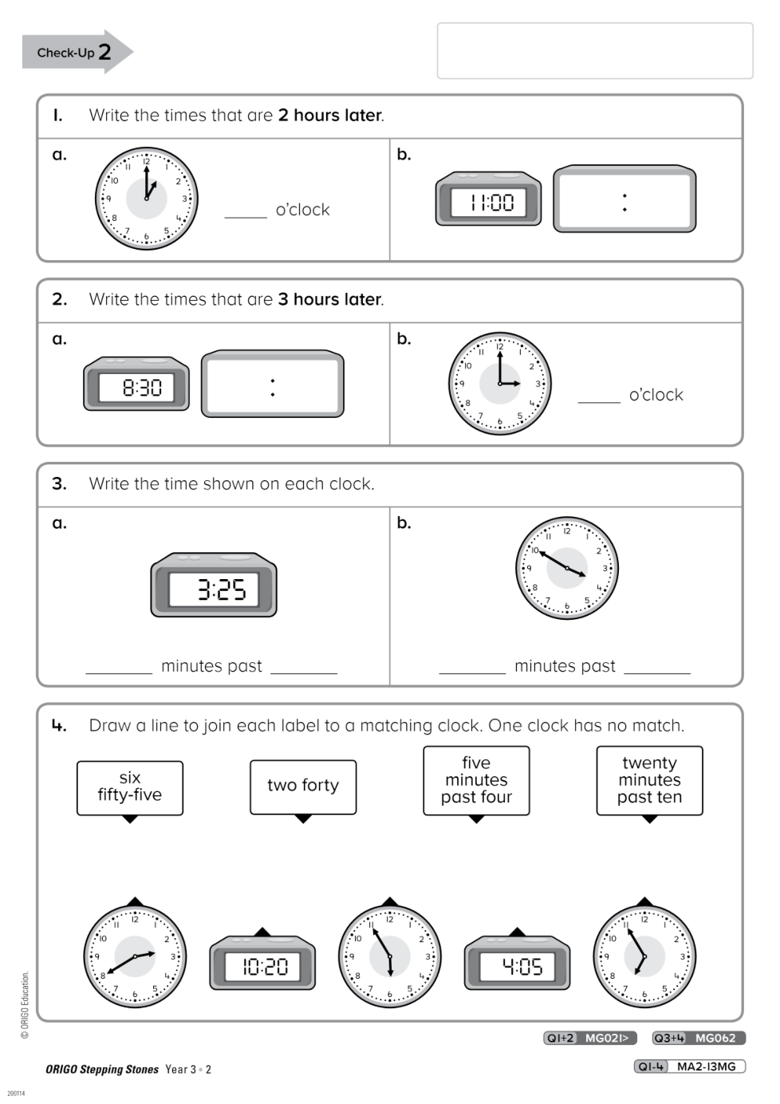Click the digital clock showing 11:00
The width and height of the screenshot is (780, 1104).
[488, 199]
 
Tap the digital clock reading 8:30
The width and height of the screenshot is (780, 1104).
[136, 384]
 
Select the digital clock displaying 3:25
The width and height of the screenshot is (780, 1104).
[214, 586]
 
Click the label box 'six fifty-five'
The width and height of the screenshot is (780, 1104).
[130, 787]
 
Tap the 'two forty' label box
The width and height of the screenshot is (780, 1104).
[303, 787]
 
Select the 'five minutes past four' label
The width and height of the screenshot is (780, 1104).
[476, 780]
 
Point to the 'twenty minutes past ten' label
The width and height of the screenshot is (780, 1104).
[649, 780]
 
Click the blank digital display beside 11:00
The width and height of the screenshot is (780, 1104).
[624, 199]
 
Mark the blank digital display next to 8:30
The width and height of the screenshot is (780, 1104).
[272, 384]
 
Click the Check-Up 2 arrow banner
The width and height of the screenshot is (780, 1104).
[76, 53]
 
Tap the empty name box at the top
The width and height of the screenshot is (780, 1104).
[594, 51]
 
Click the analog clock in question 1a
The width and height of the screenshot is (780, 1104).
[147, 199]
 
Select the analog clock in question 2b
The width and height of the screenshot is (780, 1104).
[500, 384]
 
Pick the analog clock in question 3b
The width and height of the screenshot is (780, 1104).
[567, 568]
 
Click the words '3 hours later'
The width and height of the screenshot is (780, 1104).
[329, 300]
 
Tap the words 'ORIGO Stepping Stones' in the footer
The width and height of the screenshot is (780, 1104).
[102, 1070]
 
